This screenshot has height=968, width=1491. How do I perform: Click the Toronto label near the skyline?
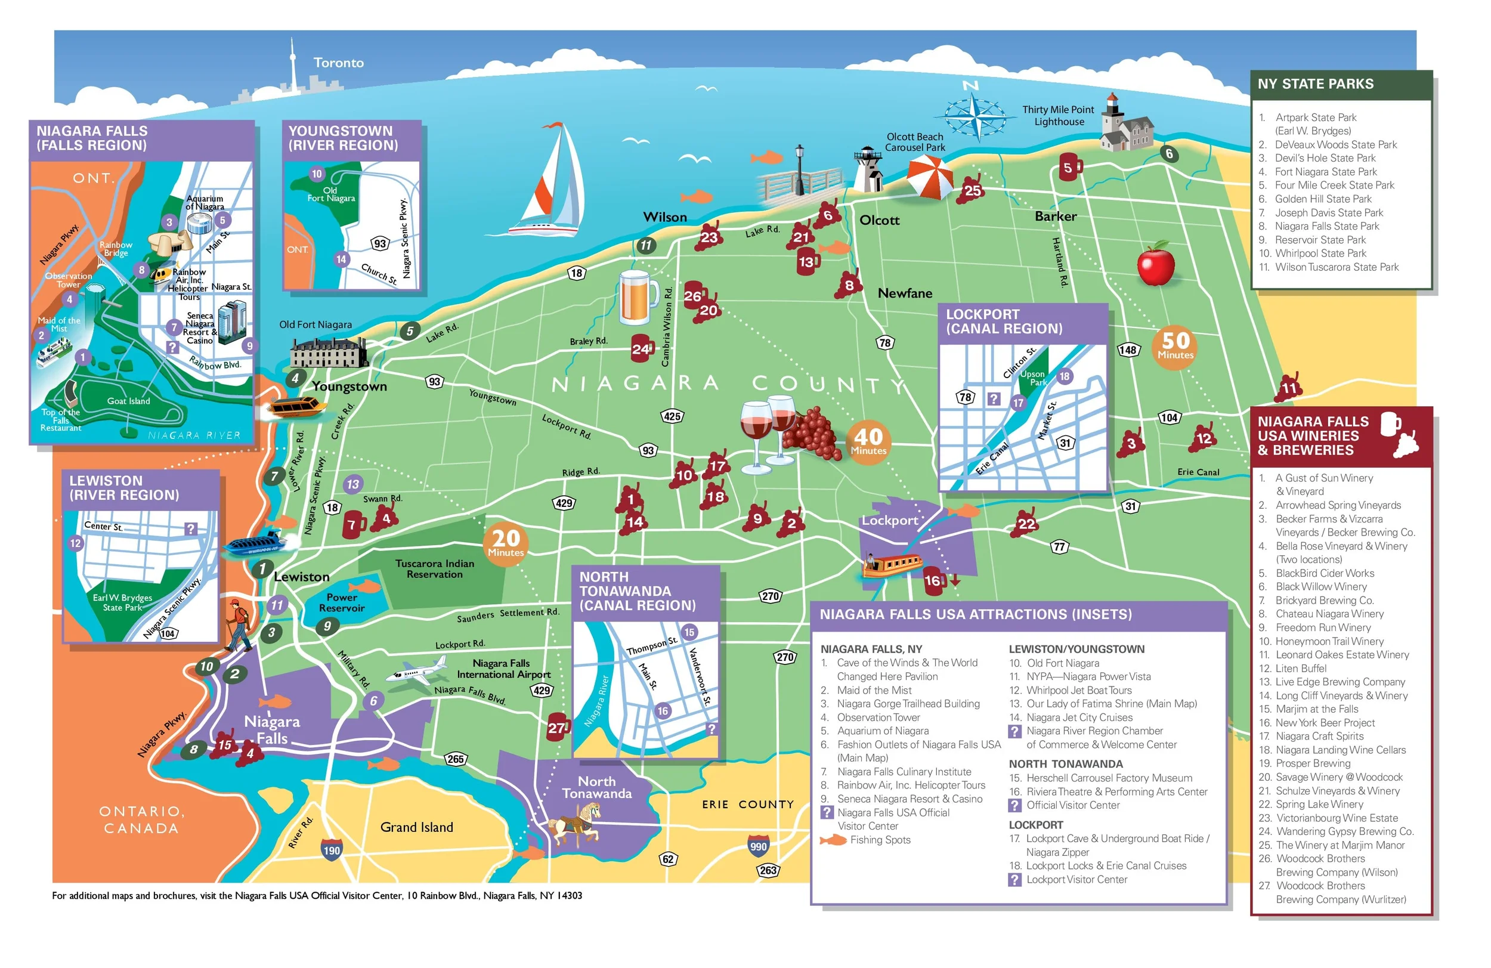click(x=338, y=63)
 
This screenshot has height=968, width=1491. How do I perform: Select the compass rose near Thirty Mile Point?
click(x=972, y=116)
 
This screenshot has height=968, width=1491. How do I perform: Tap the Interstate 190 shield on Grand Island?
click(x=332, y=849)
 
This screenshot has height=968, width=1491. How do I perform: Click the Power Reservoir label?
click(x=341, y=602)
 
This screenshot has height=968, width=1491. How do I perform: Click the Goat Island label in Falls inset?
click(x=128, y=401)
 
